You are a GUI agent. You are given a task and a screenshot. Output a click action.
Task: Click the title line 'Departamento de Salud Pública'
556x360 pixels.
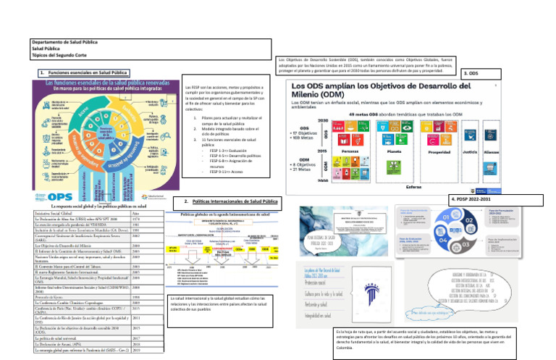click(x=59, y=43)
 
